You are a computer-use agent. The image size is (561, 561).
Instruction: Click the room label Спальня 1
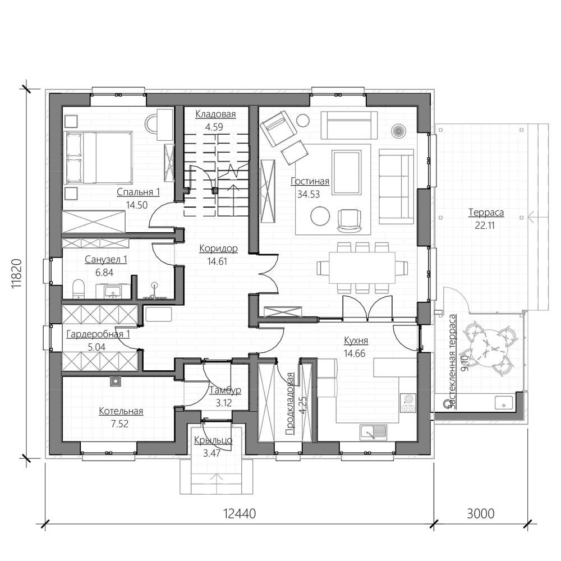138,192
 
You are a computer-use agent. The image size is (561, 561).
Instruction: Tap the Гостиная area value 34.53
309,195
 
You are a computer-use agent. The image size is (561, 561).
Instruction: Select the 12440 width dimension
240,514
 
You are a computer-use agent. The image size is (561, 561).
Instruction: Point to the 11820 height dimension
17,273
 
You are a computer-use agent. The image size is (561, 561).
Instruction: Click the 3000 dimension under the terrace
481,514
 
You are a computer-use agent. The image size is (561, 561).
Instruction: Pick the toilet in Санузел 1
78,289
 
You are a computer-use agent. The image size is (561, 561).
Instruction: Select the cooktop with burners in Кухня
407,403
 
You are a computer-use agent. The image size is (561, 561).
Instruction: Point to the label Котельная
121,411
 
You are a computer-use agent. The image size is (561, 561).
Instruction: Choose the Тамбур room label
225,390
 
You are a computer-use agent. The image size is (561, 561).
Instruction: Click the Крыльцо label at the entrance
213,440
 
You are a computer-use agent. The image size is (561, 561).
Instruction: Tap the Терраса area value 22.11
485,226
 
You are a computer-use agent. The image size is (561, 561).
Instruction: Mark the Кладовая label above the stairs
215,114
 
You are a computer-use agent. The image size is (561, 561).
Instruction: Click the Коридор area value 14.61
217,261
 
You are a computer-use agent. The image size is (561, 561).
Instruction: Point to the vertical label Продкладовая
290,403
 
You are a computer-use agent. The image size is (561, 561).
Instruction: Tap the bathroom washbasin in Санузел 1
113,291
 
